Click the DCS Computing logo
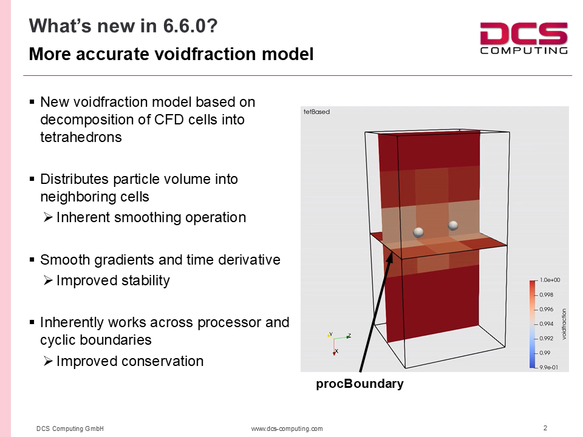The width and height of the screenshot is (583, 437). [523, 38]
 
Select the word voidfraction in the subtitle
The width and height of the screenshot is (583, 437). [206, 54]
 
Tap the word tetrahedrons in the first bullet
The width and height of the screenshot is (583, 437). [81, 138]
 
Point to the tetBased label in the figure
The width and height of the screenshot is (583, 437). [316, 112]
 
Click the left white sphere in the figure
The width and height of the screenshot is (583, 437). [418, 232]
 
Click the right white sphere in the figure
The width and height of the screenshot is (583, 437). [453, 226]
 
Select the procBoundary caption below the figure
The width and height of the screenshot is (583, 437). [360, 384]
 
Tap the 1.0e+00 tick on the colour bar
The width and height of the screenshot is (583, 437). [550, 280]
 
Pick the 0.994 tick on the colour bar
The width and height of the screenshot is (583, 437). [547, 324]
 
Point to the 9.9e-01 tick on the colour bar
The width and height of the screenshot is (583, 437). [549, 368]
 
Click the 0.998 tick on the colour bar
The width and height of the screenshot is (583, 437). [547, 295]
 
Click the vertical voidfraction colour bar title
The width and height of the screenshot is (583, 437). [564, 324]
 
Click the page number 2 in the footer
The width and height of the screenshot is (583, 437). [545, 428]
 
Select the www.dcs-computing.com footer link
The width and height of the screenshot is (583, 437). [287, 429]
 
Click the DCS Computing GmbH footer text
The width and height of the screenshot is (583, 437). [70, 429]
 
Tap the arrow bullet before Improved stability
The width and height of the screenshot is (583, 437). [48, 280]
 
